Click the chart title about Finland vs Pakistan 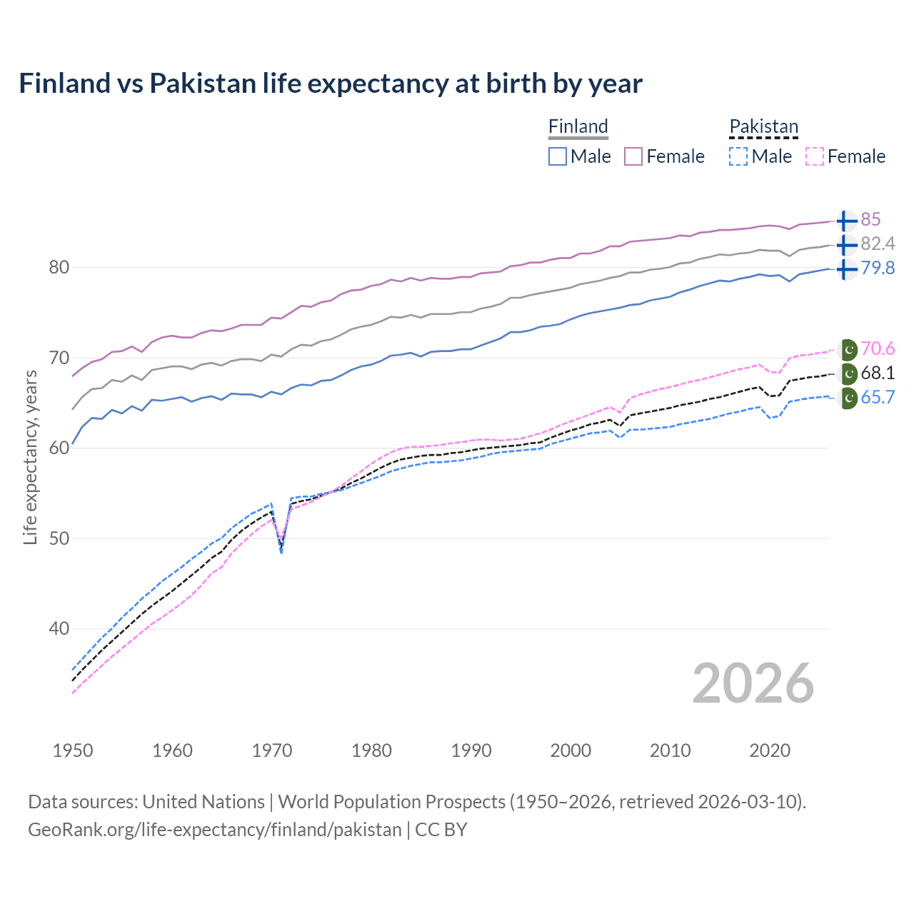coord(331,84)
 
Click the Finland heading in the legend coord(578,126)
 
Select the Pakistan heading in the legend coord(763,126)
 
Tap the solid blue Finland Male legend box coord(558,156)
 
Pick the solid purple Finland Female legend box coord(633,156)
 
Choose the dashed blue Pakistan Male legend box coord(738,156)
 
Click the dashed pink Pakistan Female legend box coord(814,156)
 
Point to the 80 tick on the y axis coord(59,268)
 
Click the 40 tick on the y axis coord(59,629)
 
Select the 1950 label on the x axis coord(73,750)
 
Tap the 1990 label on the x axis coord(471,750)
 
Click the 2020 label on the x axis coord(770,750)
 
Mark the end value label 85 coord(870,219)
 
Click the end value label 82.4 coord(878,243)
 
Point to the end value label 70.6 coord(878,348)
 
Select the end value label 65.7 coord(878,397)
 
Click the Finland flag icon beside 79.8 coord(846,269)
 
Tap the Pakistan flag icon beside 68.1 coord(848,373)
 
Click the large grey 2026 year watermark coord(753,683)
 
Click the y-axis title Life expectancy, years coord(30,457)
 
